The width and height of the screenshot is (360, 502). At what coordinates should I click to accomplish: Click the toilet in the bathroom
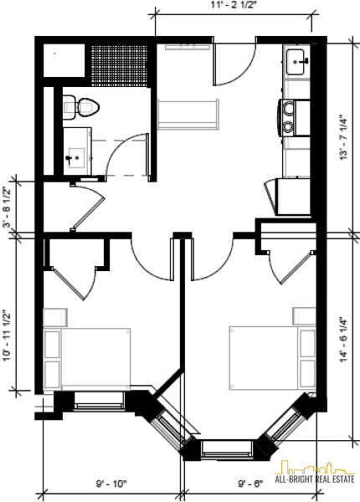80,107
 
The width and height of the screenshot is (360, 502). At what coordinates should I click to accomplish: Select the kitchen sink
297,62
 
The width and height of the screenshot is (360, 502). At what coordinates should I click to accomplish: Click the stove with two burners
295,118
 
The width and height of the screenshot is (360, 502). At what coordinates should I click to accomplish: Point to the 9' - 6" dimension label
250,483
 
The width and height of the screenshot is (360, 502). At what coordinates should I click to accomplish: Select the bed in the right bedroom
272,358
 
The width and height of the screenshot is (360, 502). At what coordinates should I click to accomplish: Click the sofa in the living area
188,115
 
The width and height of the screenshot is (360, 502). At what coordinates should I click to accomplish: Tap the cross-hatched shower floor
120,65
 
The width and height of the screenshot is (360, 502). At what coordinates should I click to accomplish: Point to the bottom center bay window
227,448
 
